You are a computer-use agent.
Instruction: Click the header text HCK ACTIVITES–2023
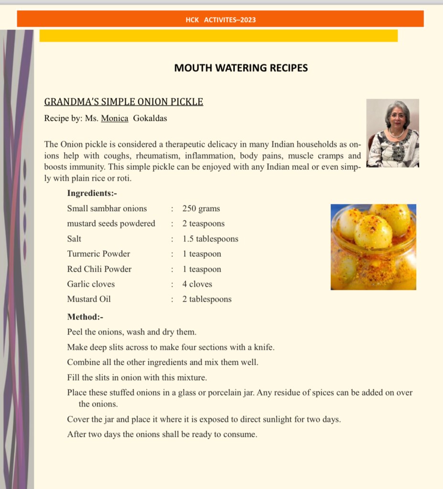220,20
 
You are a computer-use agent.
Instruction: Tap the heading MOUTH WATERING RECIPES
241,68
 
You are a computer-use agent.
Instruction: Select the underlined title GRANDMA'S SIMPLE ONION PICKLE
124,102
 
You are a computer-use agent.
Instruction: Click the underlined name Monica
115,118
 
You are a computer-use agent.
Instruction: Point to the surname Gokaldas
151,118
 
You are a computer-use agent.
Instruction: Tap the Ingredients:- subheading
92,193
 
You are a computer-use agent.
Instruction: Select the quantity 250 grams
201,209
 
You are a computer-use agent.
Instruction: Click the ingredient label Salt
74,239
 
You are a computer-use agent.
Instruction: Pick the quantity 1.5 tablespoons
210,239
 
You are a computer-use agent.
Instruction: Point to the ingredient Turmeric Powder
98,254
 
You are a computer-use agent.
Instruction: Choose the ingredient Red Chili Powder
99,269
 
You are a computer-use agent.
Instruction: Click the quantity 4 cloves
197,284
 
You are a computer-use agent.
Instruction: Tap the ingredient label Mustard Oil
89,299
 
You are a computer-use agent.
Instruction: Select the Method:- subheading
85,317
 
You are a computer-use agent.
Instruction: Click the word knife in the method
264,347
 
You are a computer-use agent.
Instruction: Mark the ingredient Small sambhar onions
107,209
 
